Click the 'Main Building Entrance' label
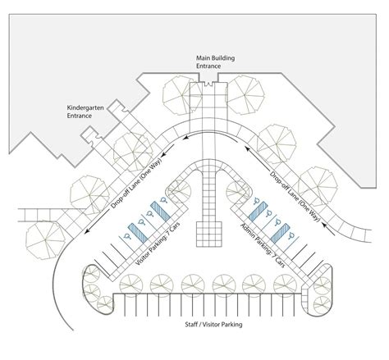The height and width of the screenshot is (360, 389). (x=215, y=62)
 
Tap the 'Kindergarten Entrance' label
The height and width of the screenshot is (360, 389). (x=85, y=112)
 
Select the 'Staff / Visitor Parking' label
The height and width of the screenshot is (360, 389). (x=213, y=325)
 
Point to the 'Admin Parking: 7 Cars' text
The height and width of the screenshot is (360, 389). (x=263, y=245)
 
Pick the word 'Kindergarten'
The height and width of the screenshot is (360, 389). (x=85, y=108)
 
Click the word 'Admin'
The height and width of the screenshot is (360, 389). (x=247, y=230)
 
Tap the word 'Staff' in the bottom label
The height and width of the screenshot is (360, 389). (x=191, y=325)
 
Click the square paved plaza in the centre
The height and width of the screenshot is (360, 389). (x=209, y=235)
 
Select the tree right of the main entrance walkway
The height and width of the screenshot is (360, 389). (x=246, y=94)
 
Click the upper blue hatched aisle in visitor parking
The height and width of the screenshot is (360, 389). (x=160, y=211)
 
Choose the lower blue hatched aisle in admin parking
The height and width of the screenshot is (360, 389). (x=280, y=233)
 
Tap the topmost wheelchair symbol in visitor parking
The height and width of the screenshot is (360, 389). (x=163, y=200)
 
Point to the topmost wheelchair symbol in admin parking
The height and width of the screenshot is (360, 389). (x=256, y=201)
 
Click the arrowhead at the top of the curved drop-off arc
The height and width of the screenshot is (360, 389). (x=186, y=137)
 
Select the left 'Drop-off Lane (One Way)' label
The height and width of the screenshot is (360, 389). (x=136, y=183)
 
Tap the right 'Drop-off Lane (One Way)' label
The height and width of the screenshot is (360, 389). (x=295, y=196)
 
